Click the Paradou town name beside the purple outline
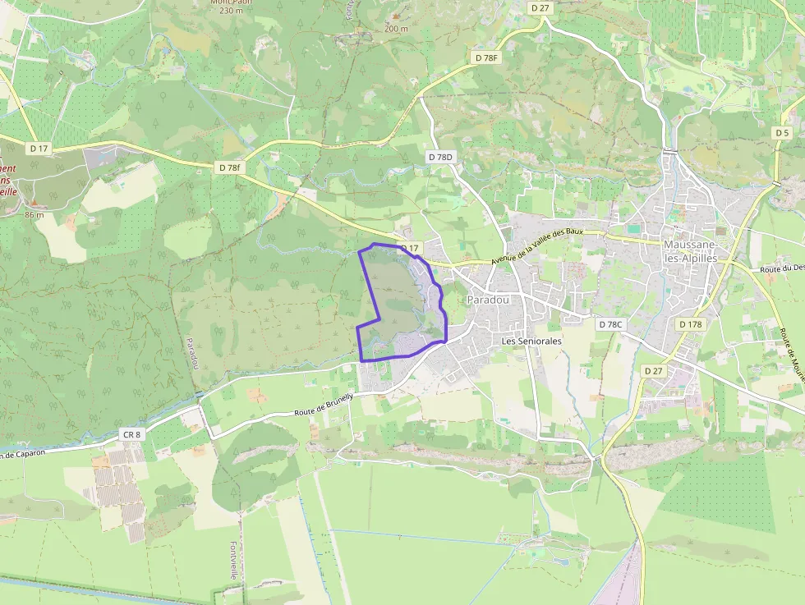click(x=488, y=300)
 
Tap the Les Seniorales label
click(x=531, y=340)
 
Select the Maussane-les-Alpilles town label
click(x=691, y=252)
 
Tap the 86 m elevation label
click(x=34, y=214)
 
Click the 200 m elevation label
click(x=396, y=29)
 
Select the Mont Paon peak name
click(x=231, y=2)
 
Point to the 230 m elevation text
click(x=231, y=11)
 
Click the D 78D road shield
click(x=440, y=156)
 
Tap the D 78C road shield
click(x=611, y=324)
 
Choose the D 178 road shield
click(x=691, y=324)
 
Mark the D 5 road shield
click(x=781, y=133)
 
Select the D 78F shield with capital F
click(x=486, y=57)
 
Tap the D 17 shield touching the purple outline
click(x=409, y=248)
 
